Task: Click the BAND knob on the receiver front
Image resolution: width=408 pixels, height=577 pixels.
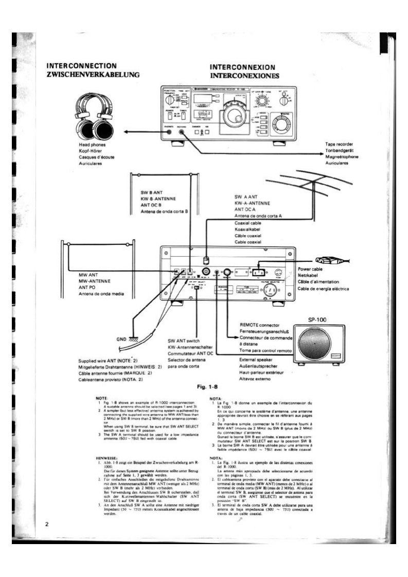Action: tap(281, 123)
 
